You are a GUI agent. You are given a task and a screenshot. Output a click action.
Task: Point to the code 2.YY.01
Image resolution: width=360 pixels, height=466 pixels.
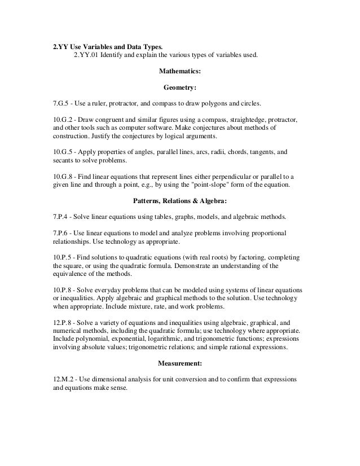click(86, 55)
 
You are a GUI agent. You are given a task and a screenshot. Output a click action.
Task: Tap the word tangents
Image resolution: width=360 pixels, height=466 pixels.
click(261, 152)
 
